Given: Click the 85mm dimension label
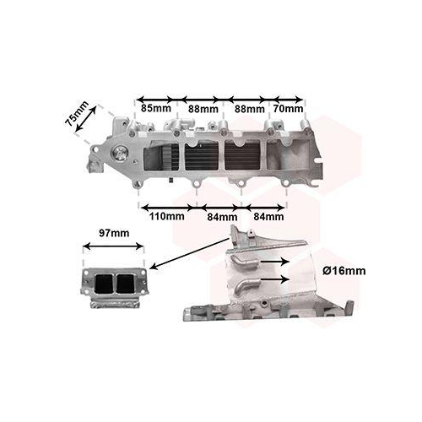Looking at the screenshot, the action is click(156, 108).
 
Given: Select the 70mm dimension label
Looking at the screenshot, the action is click(289, 109).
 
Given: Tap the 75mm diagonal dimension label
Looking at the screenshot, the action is click(76, 113).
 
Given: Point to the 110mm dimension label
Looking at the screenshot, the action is click(167, 216).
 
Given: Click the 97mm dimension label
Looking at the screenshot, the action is click(114, 233).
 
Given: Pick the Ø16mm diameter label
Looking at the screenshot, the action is click(344, 271).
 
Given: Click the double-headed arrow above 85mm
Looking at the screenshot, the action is click(154, 100).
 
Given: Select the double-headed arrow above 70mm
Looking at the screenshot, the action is click(288, 100).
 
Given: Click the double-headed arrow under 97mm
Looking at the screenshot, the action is click(114, 246).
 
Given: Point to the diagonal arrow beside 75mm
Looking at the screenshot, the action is click(86, 118).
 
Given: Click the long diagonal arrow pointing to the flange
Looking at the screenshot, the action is click(190, 253).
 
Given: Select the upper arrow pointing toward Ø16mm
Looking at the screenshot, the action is click(275, 262).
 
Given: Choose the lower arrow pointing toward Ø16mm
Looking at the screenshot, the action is click(275, 279).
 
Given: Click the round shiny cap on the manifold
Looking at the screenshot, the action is click(120, 154).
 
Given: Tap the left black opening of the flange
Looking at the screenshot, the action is click(104, 284).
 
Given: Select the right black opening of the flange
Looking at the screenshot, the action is click(126, 284).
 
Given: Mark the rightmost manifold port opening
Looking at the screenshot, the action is click(287, 155).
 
